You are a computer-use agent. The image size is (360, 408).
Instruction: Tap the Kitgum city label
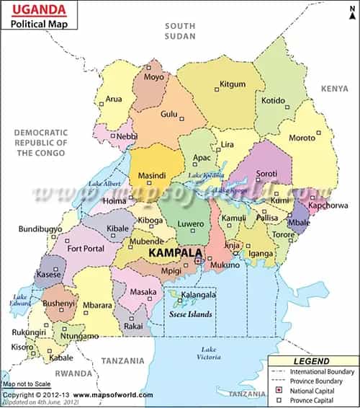[232, 84]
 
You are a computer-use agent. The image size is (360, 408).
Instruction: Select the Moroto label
[302, 137]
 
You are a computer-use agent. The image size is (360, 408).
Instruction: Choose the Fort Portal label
[85, 249]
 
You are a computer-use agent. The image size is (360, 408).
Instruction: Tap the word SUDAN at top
[180, 35]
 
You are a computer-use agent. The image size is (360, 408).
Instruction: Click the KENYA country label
[334, 88]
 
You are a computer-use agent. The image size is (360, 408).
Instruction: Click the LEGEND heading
[311, 361]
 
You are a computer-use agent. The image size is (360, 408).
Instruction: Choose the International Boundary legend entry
[321, 371]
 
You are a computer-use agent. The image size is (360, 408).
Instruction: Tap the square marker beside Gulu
[182, 114]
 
